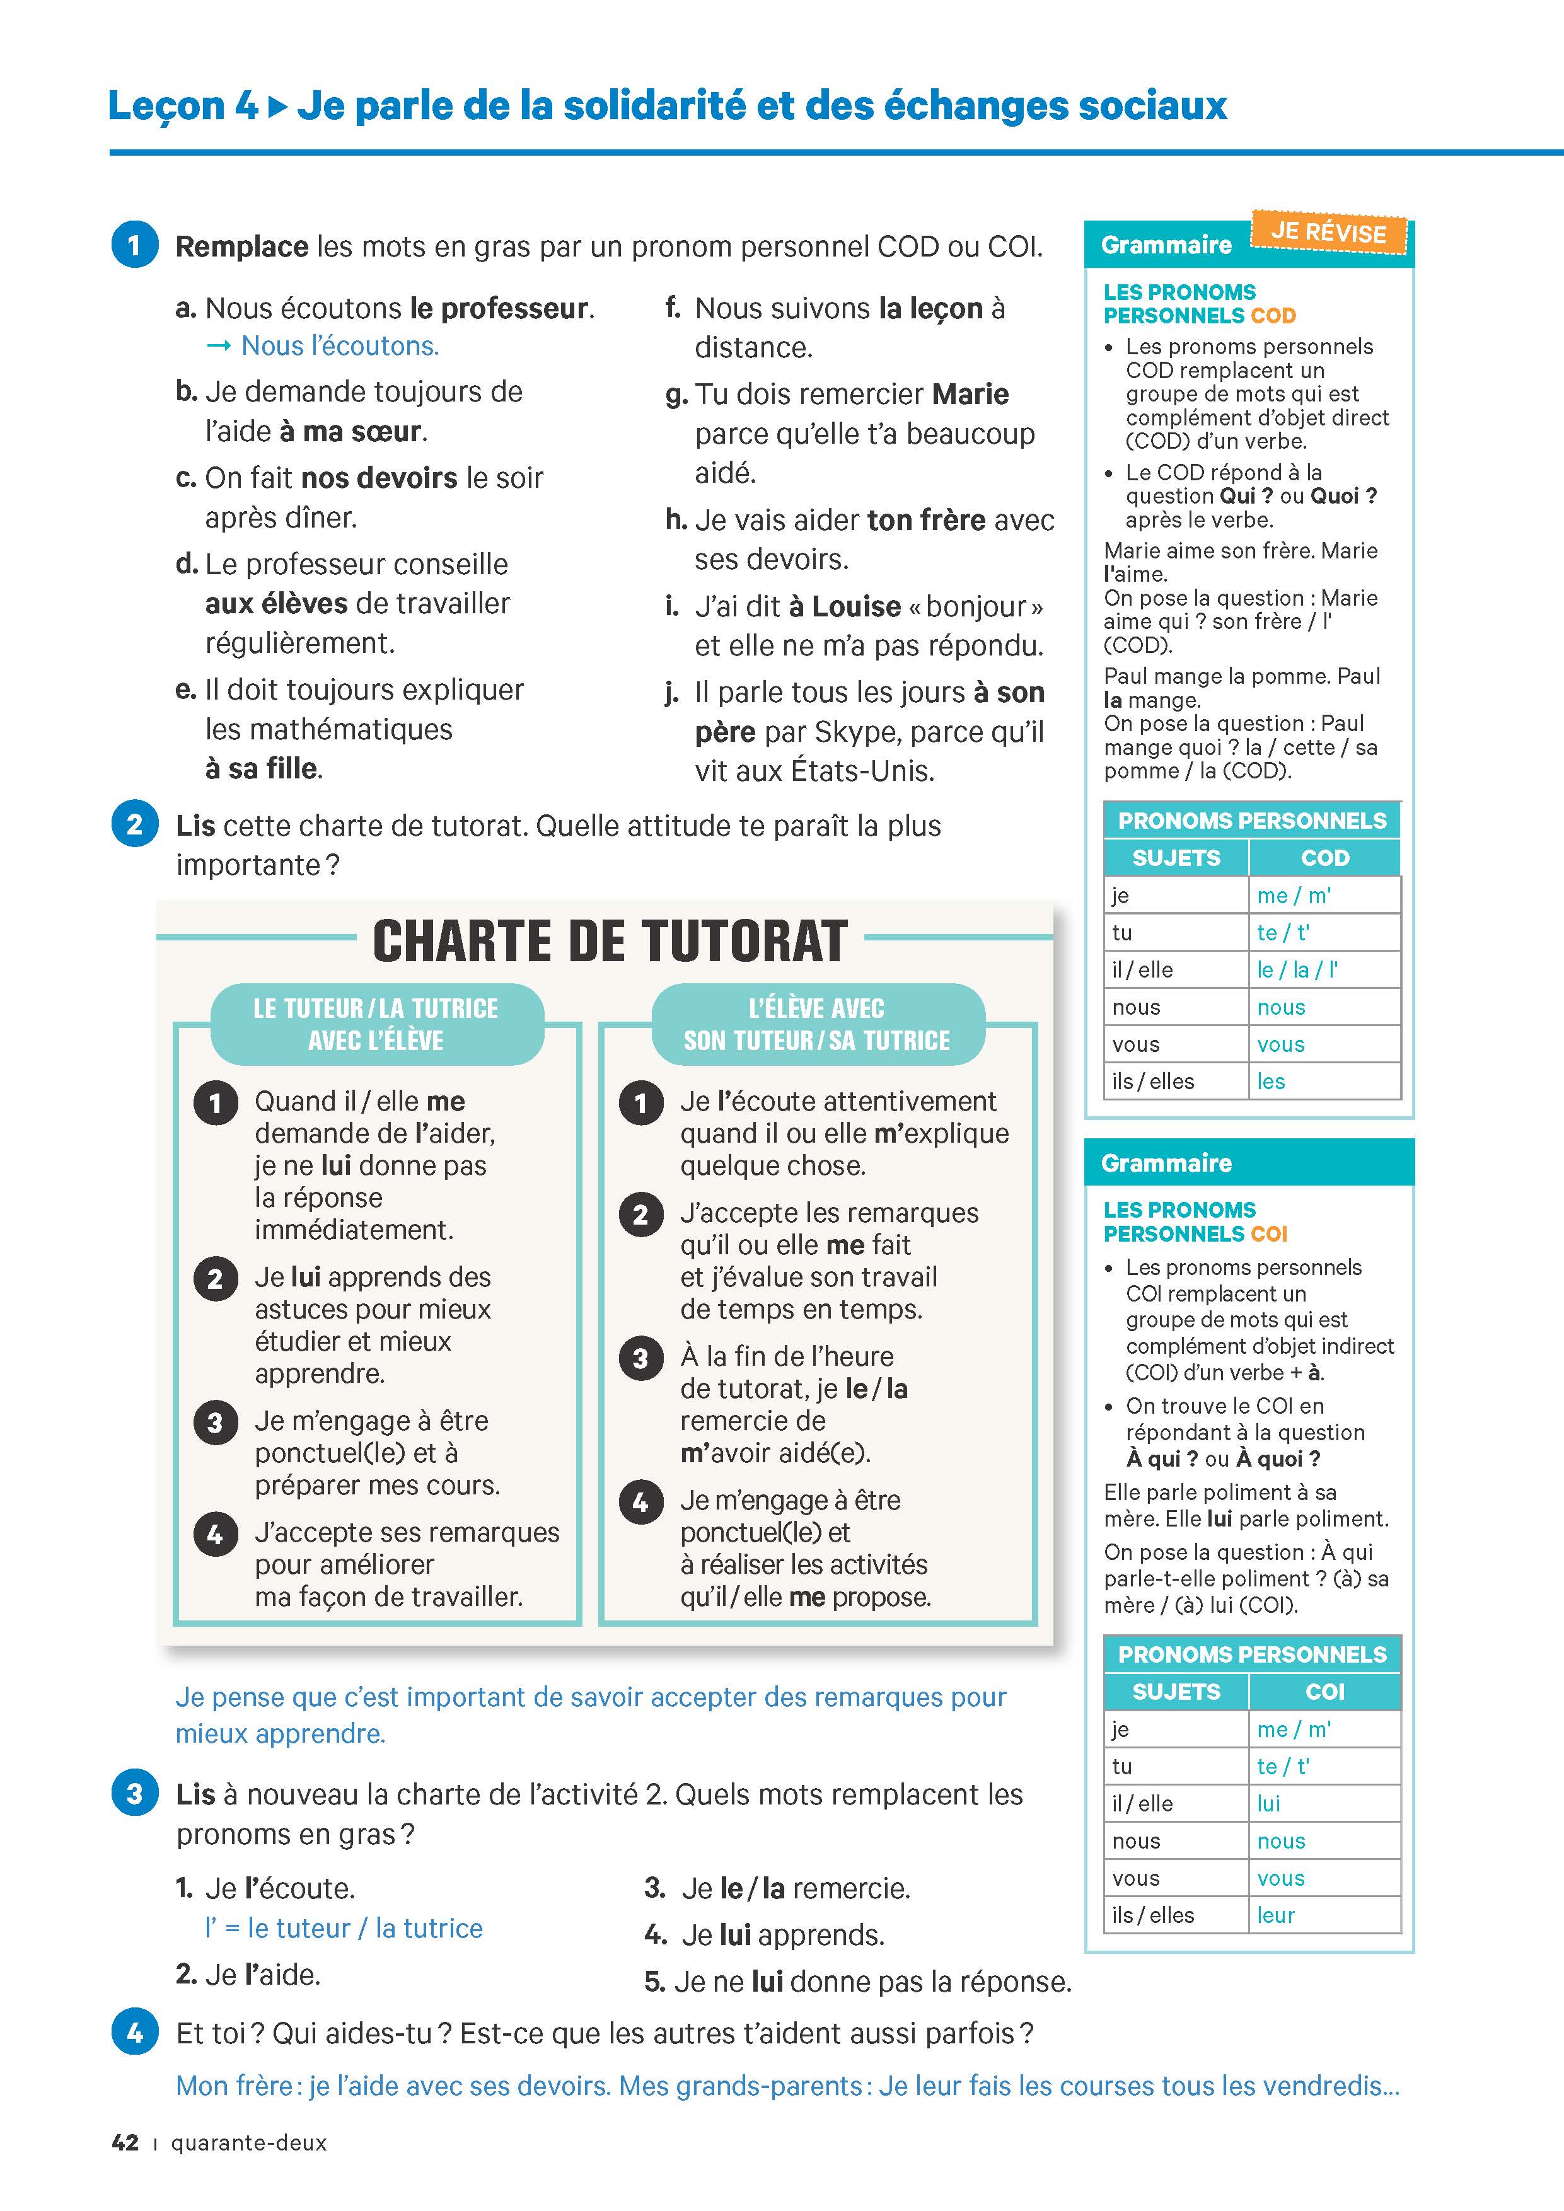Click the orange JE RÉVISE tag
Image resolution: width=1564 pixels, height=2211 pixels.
1328,232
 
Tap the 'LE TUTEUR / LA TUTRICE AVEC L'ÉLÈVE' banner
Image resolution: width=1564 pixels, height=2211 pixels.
376,1024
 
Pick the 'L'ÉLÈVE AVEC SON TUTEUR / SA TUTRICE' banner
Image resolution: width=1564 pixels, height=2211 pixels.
816,1024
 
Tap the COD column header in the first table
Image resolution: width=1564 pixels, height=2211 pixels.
1324,857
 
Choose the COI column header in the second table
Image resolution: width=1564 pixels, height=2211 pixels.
1324,1691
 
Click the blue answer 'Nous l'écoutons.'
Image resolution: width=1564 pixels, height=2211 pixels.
340,346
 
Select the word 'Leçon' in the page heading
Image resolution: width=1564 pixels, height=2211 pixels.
166,105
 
